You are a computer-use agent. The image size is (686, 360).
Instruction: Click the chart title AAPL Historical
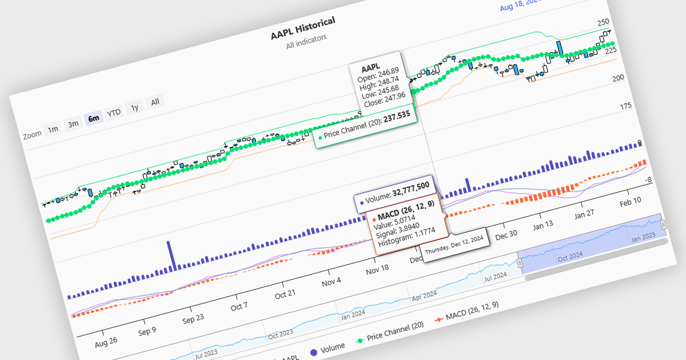pos(302,27)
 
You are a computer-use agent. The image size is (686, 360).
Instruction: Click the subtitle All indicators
pos(306,42)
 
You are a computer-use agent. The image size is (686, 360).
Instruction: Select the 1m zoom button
pos(53,129)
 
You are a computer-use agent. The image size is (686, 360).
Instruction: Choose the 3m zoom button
pos(73,124)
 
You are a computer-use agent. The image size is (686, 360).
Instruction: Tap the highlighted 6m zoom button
pos(93,119)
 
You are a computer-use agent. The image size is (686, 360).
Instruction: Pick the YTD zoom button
pos(114,113)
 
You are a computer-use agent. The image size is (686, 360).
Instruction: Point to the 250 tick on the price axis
pos(603,23)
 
